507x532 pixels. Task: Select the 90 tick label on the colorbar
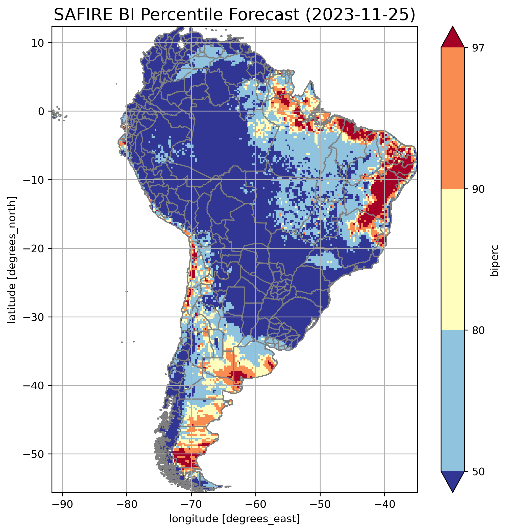point(478,189)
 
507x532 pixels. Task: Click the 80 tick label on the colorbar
point(478,331)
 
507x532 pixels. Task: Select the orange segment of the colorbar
point(452,118)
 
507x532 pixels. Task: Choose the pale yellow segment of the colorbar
point(452,260)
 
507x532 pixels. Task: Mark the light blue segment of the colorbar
point(452,401)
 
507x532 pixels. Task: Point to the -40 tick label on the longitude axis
point(384,504)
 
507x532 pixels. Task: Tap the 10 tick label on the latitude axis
point(38,43)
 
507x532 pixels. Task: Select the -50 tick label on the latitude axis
point(34,454)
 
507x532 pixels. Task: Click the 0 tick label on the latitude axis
point(41,111)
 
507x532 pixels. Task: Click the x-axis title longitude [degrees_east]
point(235,519)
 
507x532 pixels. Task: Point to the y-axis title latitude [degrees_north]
point(12,260)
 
